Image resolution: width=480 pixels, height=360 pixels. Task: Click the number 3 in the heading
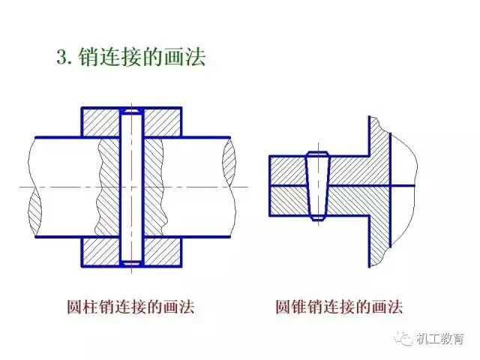coord(61,57)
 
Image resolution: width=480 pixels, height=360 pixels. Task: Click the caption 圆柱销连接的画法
coord(130,307)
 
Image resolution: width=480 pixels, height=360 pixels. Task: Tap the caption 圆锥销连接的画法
coord(339,307)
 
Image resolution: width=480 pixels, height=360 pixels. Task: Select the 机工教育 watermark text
coord(440,338)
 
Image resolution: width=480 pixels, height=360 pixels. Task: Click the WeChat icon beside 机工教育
coord(403,338)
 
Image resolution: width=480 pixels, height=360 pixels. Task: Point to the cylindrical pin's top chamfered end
coord(132,111)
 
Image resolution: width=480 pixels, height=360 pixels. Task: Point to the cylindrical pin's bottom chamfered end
coord(132,263)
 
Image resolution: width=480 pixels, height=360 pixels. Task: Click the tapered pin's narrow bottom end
coord(318,217)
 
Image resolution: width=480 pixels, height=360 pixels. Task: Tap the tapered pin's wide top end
coord(318,154)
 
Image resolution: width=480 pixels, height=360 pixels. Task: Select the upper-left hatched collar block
coord(100,122)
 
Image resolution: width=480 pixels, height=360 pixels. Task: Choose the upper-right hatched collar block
coord(162,122)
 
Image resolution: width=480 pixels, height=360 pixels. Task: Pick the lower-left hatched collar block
coord(100,252)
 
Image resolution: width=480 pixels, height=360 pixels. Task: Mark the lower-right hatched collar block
coord(162,252)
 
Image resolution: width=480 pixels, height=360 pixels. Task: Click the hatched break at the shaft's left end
coord(34,210)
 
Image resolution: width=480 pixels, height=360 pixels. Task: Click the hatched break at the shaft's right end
coord(229,162)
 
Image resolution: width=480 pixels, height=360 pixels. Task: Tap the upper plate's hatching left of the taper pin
coord(288,170)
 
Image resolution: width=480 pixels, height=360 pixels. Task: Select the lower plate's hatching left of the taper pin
coord(289,200)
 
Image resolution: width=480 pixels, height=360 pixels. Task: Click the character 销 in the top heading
coord(89,57)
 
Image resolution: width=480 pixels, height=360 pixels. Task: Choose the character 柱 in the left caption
coord(91,307)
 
